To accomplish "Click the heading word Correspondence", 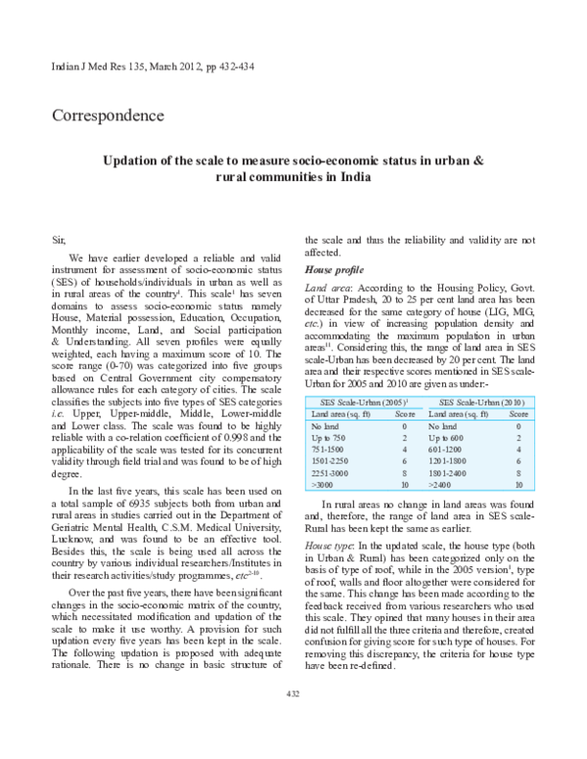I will [x=107, y=116].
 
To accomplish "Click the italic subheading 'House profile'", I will [x=335, y=269].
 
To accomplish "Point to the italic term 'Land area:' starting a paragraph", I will [x=331, y=290].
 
